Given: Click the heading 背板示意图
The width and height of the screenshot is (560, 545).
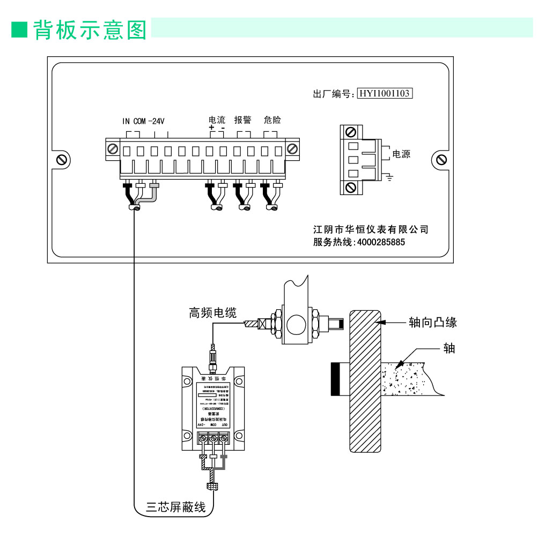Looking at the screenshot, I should [x=90, y=30].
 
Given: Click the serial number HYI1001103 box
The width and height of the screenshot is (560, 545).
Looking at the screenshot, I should [x=384, y=94].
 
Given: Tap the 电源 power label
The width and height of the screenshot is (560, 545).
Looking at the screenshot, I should [x=402, y=154].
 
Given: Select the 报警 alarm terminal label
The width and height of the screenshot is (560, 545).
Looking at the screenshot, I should [x=242, y=120].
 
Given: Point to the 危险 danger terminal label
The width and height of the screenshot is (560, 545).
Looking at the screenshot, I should [x=272, y=120].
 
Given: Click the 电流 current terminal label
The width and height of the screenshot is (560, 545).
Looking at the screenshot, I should [x=217, y=120].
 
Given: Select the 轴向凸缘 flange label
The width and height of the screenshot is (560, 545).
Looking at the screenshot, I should [x=432, y=322].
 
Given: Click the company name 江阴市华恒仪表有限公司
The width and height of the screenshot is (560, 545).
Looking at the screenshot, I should [x=371, y=229].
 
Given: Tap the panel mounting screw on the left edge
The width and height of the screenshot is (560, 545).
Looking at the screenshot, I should [x=61, y=159].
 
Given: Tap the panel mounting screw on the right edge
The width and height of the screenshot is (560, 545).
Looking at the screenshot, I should [x=441, y=159].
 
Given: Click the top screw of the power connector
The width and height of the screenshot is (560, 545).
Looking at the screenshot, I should [x=351, y=132].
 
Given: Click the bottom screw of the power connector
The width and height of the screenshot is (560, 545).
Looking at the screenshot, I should [x=351, y=187].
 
